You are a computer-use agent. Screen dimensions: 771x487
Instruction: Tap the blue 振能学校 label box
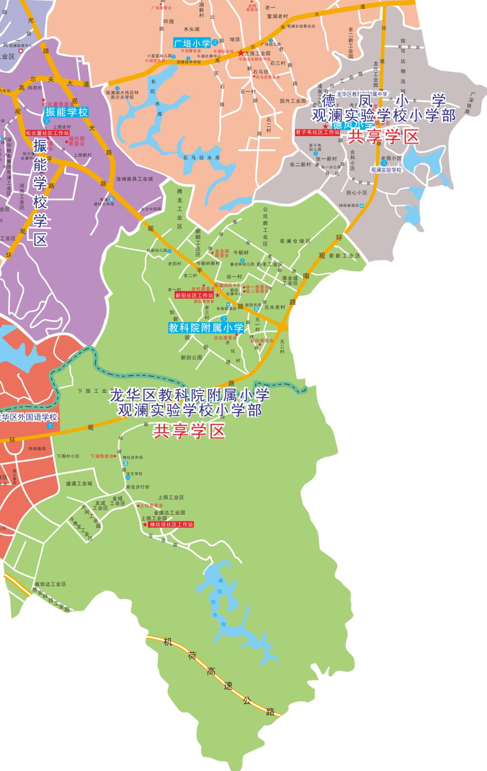66,112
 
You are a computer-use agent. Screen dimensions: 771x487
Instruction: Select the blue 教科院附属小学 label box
206,328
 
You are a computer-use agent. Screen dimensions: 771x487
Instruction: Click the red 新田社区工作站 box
194,295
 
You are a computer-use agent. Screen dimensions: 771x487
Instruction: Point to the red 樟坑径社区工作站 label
171,525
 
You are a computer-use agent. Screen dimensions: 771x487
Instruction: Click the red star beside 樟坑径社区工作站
145,525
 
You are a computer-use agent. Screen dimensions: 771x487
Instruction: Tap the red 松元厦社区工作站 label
47,133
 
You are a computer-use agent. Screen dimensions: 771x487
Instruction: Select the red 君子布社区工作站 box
317,132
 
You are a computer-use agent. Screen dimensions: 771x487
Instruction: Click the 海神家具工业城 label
134,179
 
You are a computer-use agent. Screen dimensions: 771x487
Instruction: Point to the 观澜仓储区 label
295,241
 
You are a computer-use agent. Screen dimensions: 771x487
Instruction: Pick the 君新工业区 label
345,255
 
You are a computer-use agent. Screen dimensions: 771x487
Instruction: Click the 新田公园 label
191,357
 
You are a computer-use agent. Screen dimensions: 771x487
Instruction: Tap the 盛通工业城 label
79,483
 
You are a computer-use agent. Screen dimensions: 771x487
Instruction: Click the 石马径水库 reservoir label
201,158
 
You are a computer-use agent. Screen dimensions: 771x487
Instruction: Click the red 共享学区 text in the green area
189,432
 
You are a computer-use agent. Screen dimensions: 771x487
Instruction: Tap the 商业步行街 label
138,487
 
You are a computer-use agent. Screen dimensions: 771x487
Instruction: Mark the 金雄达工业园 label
170,512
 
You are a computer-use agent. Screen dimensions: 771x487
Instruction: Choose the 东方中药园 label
151,209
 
